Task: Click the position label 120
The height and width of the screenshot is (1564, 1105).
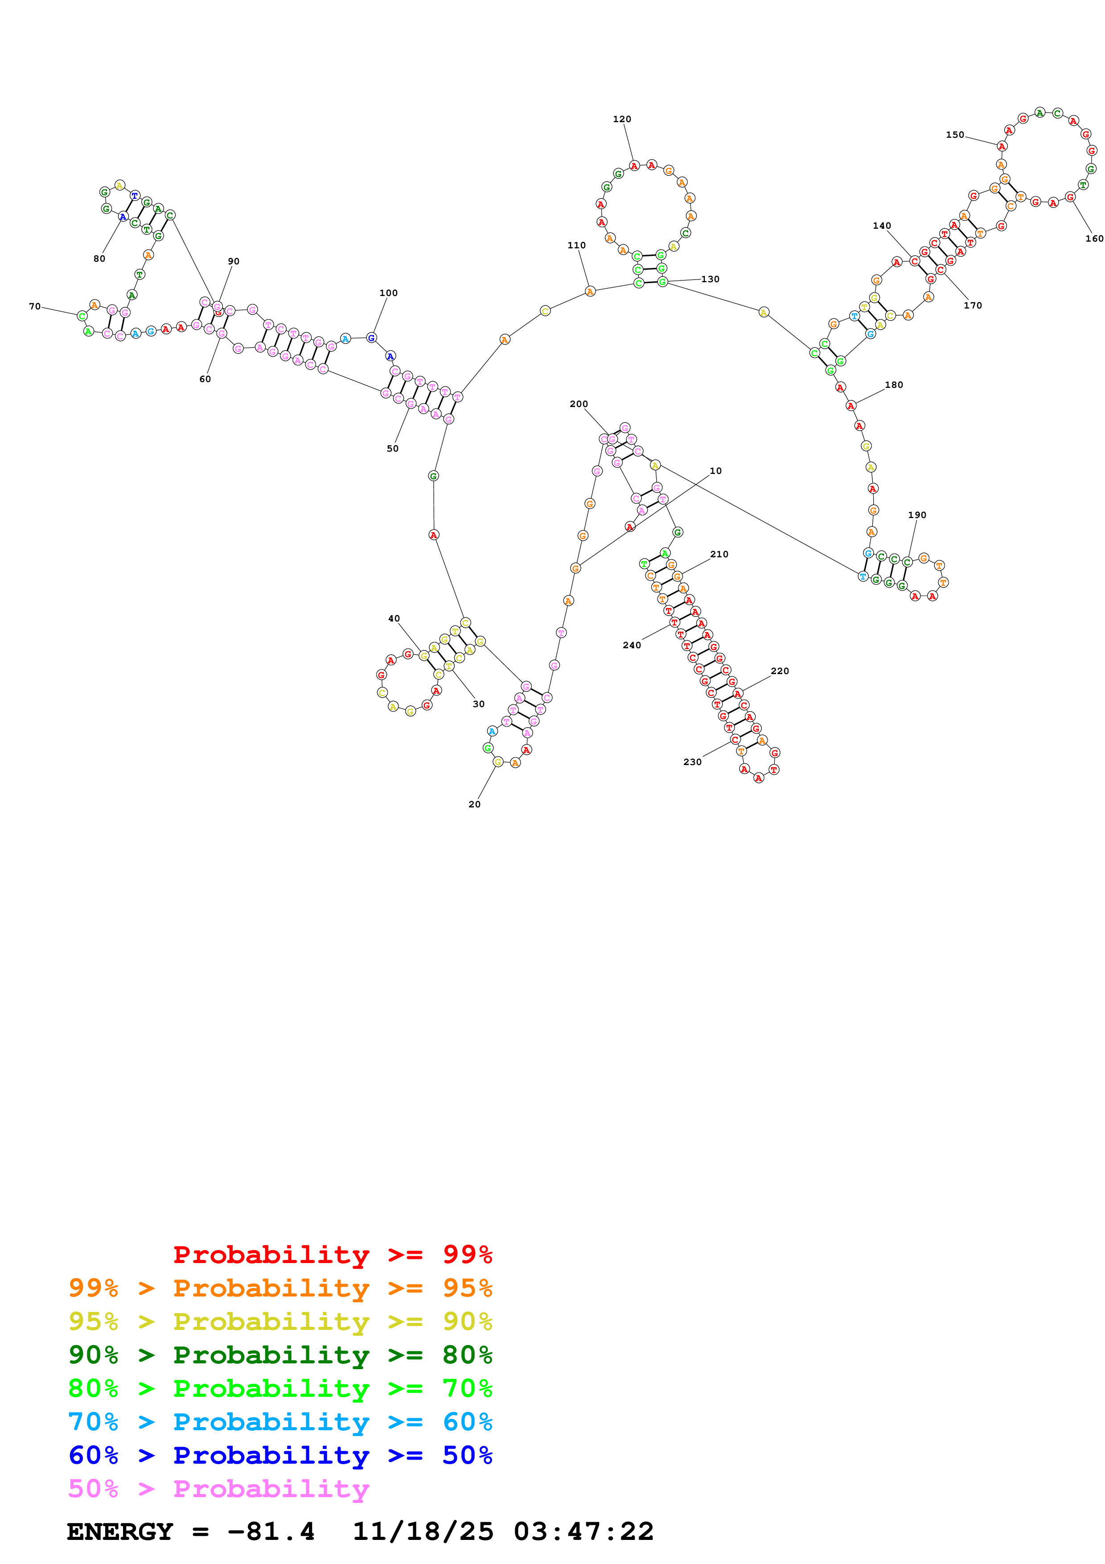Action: [622, 119]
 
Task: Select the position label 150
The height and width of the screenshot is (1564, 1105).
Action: [954, 135]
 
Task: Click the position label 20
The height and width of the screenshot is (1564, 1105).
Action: [475, 804]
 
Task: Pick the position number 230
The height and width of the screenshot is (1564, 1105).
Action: [692, 762]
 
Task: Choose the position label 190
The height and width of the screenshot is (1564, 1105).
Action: [917, 515]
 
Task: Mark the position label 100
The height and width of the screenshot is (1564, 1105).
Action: [388, 293]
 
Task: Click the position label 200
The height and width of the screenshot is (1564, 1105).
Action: [579, 404]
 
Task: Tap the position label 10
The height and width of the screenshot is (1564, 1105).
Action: [715, 471]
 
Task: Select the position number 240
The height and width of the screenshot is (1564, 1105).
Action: [632, 645]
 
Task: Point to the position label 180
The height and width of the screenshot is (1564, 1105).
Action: [894, 385]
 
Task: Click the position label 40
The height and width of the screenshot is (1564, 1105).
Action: [394, 618]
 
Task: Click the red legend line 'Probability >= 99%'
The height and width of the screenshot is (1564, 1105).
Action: [332, 1255]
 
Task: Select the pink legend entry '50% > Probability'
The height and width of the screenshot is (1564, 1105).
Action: [218, 1489]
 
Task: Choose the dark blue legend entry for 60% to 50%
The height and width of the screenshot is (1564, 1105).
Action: [280, 1456]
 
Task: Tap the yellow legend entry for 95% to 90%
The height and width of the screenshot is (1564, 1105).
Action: [280, 1321]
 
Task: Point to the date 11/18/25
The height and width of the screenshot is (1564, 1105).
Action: [422, 1532]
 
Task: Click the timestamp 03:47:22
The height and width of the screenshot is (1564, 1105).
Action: [583, 1532]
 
